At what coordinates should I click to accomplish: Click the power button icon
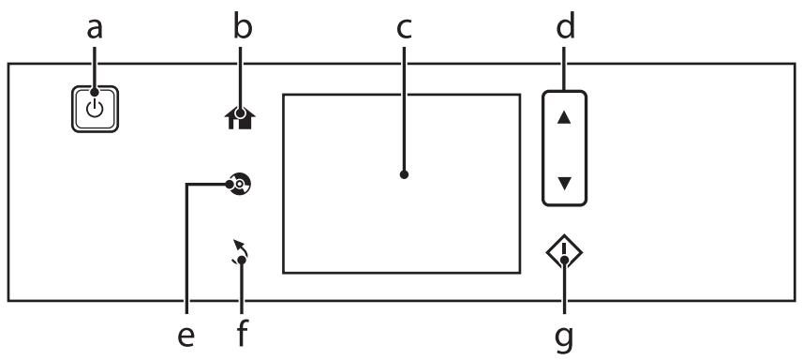[x=95, y=109]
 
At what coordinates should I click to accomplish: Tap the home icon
[x=240, y=118]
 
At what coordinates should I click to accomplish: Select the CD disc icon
[x=239, y=184]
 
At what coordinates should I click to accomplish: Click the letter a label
[x=95, y=29]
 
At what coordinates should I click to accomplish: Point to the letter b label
[x=243, y=26]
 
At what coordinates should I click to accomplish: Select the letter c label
[x=404, y=30]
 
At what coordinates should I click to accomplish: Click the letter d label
[x=565, y=26]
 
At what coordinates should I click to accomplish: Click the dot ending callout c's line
[x=404, y=174]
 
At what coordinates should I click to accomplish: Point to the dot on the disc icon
[x=230, y=184]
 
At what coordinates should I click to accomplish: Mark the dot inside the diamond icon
[x=564, y=261]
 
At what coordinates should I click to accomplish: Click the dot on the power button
[x=95, y=92]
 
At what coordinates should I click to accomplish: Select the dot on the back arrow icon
[x=242, y=260]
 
